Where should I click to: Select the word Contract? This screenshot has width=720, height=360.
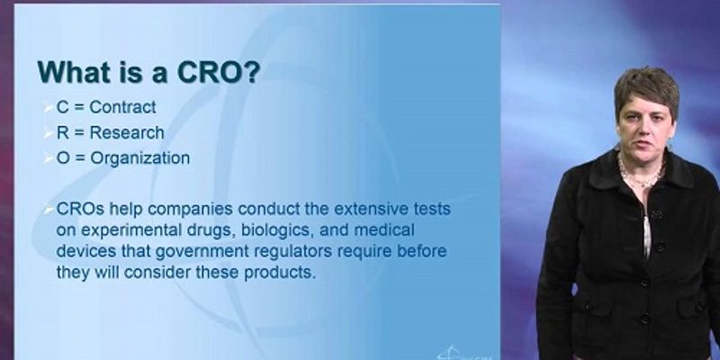click(122, 107)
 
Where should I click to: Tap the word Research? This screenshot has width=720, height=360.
click(127, 132)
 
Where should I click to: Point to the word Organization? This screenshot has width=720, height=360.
click(140, 158)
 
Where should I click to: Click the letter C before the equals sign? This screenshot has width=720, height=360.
click(62, 107)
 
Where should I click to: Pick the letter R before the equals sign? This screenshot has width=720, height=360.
click(62, 132)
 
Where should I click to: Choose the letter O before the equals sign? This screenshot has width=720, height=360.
click(63, 158)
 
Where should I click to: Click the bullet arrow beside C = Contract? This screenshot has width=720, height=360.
click(49, 108)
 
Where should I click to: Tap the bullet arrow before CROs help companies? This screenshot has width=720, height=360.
click(49, 210)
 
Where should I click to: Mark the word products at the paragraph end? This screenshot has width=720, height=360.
click(280, 273)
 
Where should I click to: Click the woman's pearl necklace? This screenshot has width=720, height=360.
click(641, 172)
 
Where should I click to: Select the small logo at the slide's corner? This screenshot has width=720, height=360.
click(464, 353)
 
